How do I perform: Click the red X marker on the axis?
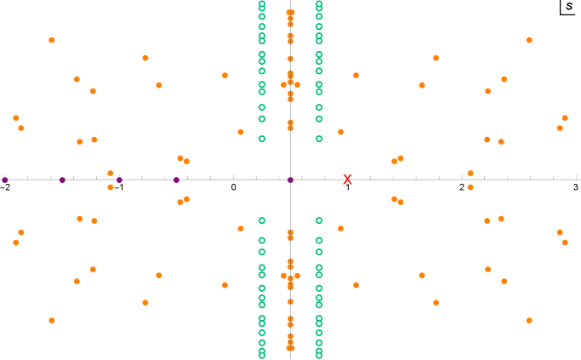[347, 180]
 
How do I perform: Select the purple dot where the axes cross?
[290, 180]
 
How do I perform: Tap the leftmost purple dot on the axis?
[5, 180]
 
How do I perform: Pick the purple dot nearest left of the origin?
[176, 180]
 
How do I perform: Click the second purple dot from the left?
[62, 180]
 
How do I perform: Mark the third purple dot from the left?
[119, 180]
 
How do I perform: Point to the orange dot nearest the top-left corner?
[52, 40]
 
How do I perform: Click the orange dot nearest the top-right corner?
[529, 40]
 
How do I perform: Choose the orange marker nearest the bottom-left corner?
[52, 320]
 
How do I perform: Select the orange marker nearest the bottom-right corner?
[529, 320]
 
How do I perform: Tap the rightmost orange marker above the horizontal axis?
[565, 118]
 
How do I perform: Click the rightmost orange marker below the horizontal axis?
[565, 243]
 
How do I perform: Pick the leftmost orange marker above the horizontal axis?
[16, 118]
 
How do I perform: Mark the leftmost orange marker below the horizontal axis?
[16, 243]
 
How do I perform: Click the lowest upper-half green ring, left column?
[262, 139]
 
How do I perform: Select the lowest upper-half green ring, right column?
[319, 139]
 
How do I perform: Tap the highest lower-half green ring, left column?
[262, 220]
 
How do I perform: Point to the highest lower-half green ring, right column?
[319, 220]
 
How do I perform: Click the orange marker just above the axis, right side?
[470, 174]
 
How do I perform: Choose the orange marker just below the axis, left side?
[111, 187]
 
